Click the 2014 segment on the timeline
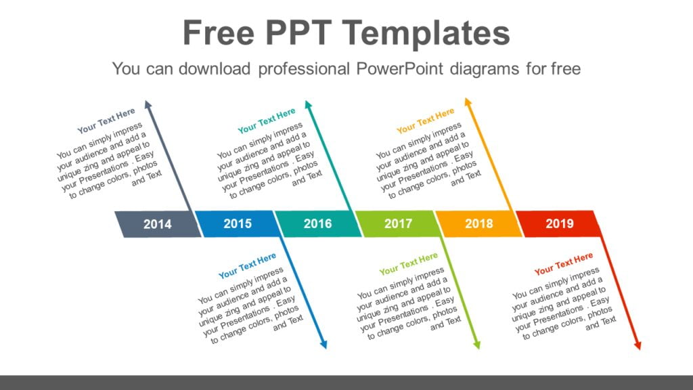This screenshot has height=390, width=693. pos(158,224)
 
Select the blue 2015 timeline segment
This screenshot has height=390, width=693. pos(238,223)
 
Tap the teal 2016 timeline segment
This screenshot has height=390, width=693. pos(317,223)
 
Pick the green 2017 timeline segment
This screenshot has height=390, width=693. pos(398,223)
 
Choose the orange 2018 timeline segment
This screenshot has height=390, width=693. pos(478,223)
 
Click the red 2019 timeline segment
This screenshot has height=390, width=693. pos(559,223)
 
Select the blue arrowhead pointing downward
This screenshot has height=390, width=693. pos(323,345)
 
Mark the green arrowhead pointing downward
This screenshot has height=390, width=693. pos(477,345)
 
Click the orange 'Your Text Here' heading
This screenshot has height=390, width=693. pos(425,121)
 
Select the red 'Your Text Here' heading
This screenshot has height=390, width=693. pos(563,264)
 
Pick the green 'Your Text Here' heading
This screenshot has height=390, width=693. pos(408,264)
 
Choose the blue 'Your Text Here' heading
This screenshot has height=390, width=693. pos(247,266)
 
